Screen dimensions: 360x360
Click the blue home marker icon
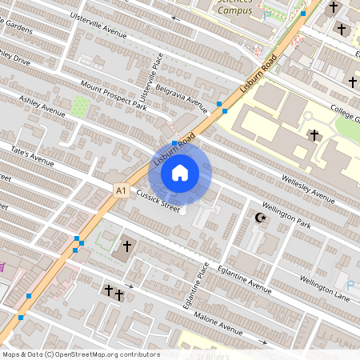point(180,173)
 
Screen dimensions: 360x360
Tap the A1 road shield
point(121,190)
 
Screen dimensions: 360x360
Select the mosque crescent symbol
point(259,218)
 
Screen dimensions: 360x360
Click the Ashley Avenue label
point(43,107)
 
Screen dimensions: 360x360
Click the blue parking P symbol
point(350,285)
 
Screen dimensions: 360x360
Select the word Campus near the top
point(234,10)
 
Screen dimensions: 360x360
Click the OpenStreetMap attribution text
point(81,354)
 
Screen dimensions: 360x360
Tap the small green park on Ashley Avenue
point(81,106)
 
